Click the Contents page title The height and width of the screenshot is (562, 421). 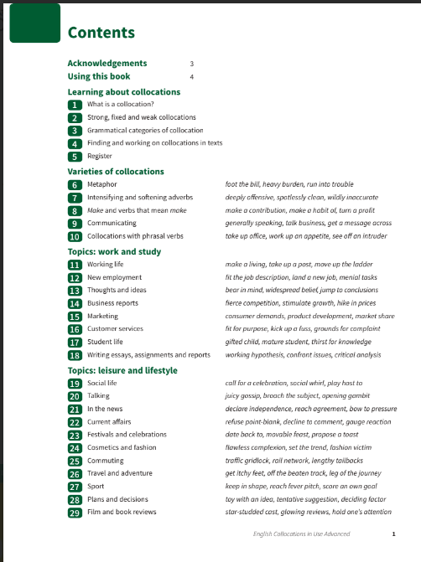pos(101,34)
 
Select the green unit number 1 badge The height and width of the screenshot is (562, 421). pos(75,105)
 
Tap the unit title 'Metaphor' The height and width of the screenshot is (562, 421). pos(101,184)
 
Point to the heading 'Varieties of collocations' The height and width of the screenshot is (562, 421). pos(116,171)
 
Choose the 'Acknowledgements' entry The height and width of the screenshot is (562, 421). pos(107,63)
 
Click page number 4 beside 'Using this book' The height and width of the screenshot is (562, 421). pos(192,77)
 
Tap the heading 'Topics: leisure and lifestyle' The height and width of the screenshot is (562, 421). pos(122,369)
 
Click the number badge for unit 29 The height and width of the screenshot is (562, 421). pos(75,512)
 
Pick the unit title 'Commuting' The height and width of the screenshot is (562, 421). pos(106,461)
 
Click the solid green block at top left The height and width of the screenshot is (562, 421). pos(34,23)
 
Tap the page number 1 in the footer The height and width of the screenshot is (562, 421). pos(393,534)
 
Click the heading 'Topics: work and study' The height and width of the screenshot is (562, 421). pos(113,250)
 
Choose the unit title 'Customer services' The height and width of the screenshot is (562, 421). pos(115,329)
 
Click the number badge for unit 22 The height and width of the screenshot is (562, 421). pos(75,422)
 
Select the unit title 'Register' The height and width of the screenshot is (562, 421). pos(100,157)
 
